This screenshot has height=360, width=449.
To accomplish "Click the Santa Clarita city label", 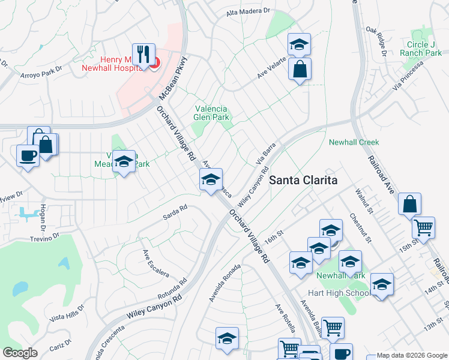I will [303, 179].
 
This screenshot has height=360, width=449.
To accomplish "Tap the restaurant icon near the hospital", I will [143, 55].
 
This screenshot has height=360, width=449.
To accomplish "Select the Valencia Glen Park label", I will [210, 113].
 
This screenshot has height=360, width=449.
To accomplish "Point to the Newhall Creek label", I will [354, 142].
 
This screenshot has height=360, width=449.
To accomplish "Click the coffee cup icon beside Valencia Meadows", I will [28, 156].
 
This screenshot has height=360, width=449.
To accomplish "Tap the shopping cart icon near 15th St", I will [424, 227].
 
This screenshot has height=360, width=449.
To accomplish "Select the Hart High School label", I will [338, 293].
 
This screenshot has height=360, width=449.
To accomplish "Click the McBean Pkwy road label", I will [173, 78].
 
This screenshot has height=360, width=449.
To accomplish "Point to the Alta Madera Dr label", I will [248, 11].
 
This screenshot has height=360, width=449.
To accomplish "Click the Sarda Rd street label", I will [175, 212].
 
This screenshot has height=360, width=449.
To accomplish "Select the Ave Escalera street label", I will [155, 264].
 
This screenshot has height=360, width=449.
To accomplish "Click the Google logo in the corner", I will [20, 353].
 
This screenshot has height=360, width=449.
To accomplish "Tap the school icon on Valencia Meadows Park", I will [124, 161].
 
